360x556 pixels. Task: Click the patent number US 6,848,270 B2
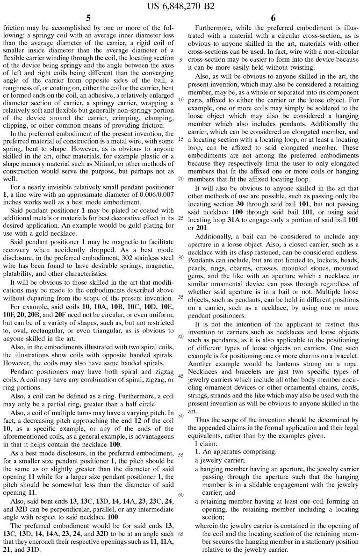click(180, 6)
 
